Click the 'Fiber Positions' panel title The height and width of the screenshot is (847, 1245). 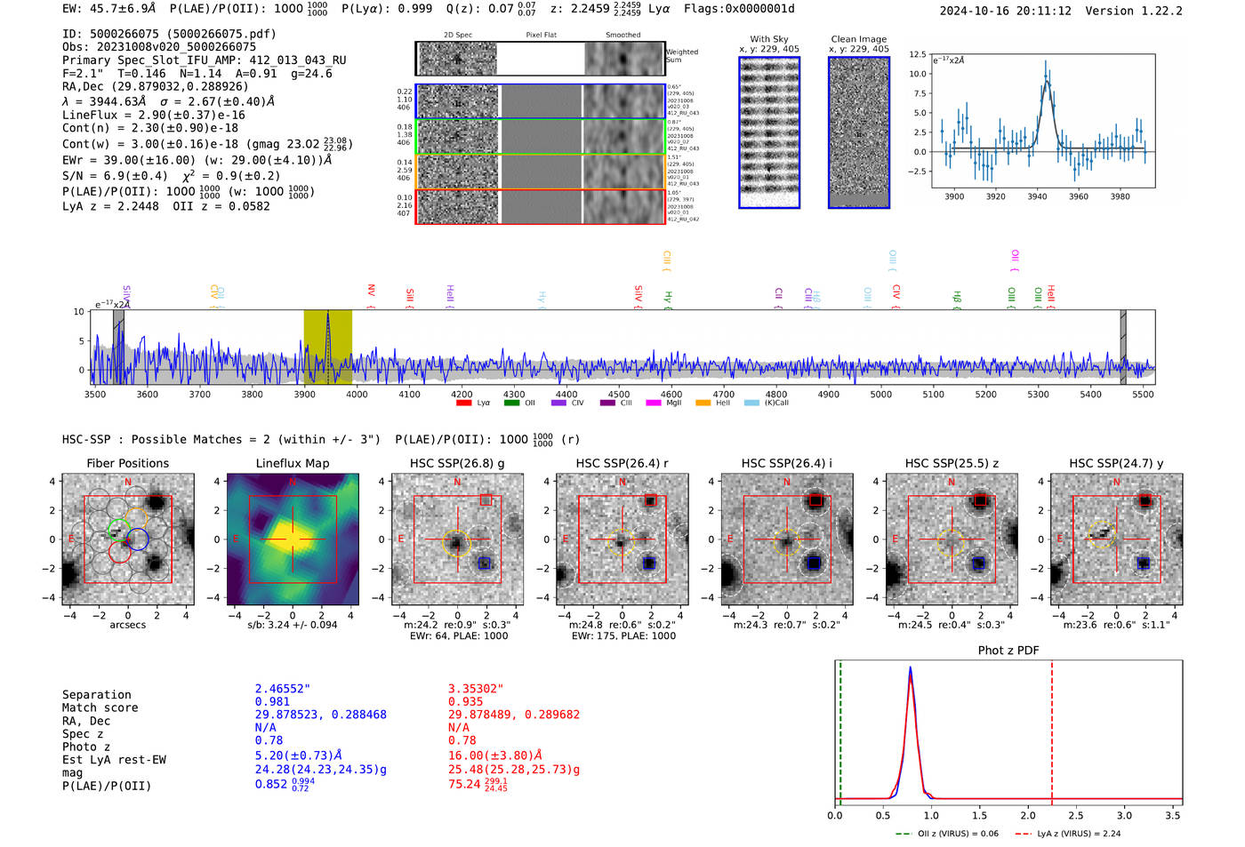(x=127, y=463)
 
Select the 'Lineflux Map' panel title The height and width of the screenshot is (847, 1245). (x=292, y=463)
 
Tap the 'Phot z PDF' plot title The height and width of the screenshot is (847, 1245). (x=1008, y=651)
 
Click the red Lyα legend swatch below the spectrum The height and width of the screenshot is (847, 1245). (x=463, y=404)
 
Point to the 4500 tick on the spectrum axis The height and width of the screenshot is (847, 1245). (x=619, y=394)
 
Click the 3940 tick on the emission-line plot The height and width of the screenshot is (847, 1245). (x=1037, y=196)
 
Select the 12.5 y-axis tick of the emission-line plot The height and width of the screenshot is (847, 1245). (x=917, y=55)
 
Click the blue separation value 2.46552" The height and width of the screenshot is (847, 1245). (x=282, y=689)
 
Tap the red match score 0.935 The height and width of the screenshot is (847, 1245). (x=465, y=701)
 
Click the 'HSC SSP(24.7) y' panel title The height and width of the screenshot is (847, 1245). (x=1115, y=463)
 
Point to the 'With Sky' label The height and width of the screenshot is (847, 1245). (x=769, y=39)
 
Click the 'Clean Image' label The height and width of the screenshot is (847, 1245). (x=858, y=39)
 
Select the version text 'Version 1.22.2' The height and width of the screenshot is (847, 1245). (x=1134, y=11)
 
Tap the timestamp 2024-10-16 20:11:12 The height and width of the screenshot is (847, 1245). (x=1005, y=11)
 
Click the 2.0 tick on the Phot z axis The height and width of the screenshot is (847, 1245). (x=1027, y=815)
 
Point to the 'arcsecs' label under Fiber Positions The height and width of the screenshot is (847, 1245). (x=127, y=625)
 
